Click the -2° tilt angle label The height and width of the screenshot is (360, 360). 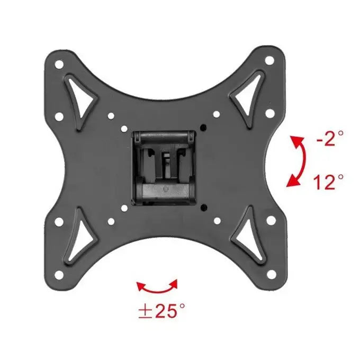click(x=330, y=139)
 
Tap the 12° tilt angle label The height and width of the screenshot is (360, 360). click(x=329, y=182)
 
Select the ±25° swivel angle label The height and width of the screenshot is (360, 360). click(x=161, y=311)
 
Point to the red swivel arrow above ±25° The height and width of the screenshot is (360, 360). click(x=158, y=291)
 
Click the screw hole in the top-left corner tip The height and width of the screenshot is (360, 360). click(x=59, y=64)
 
